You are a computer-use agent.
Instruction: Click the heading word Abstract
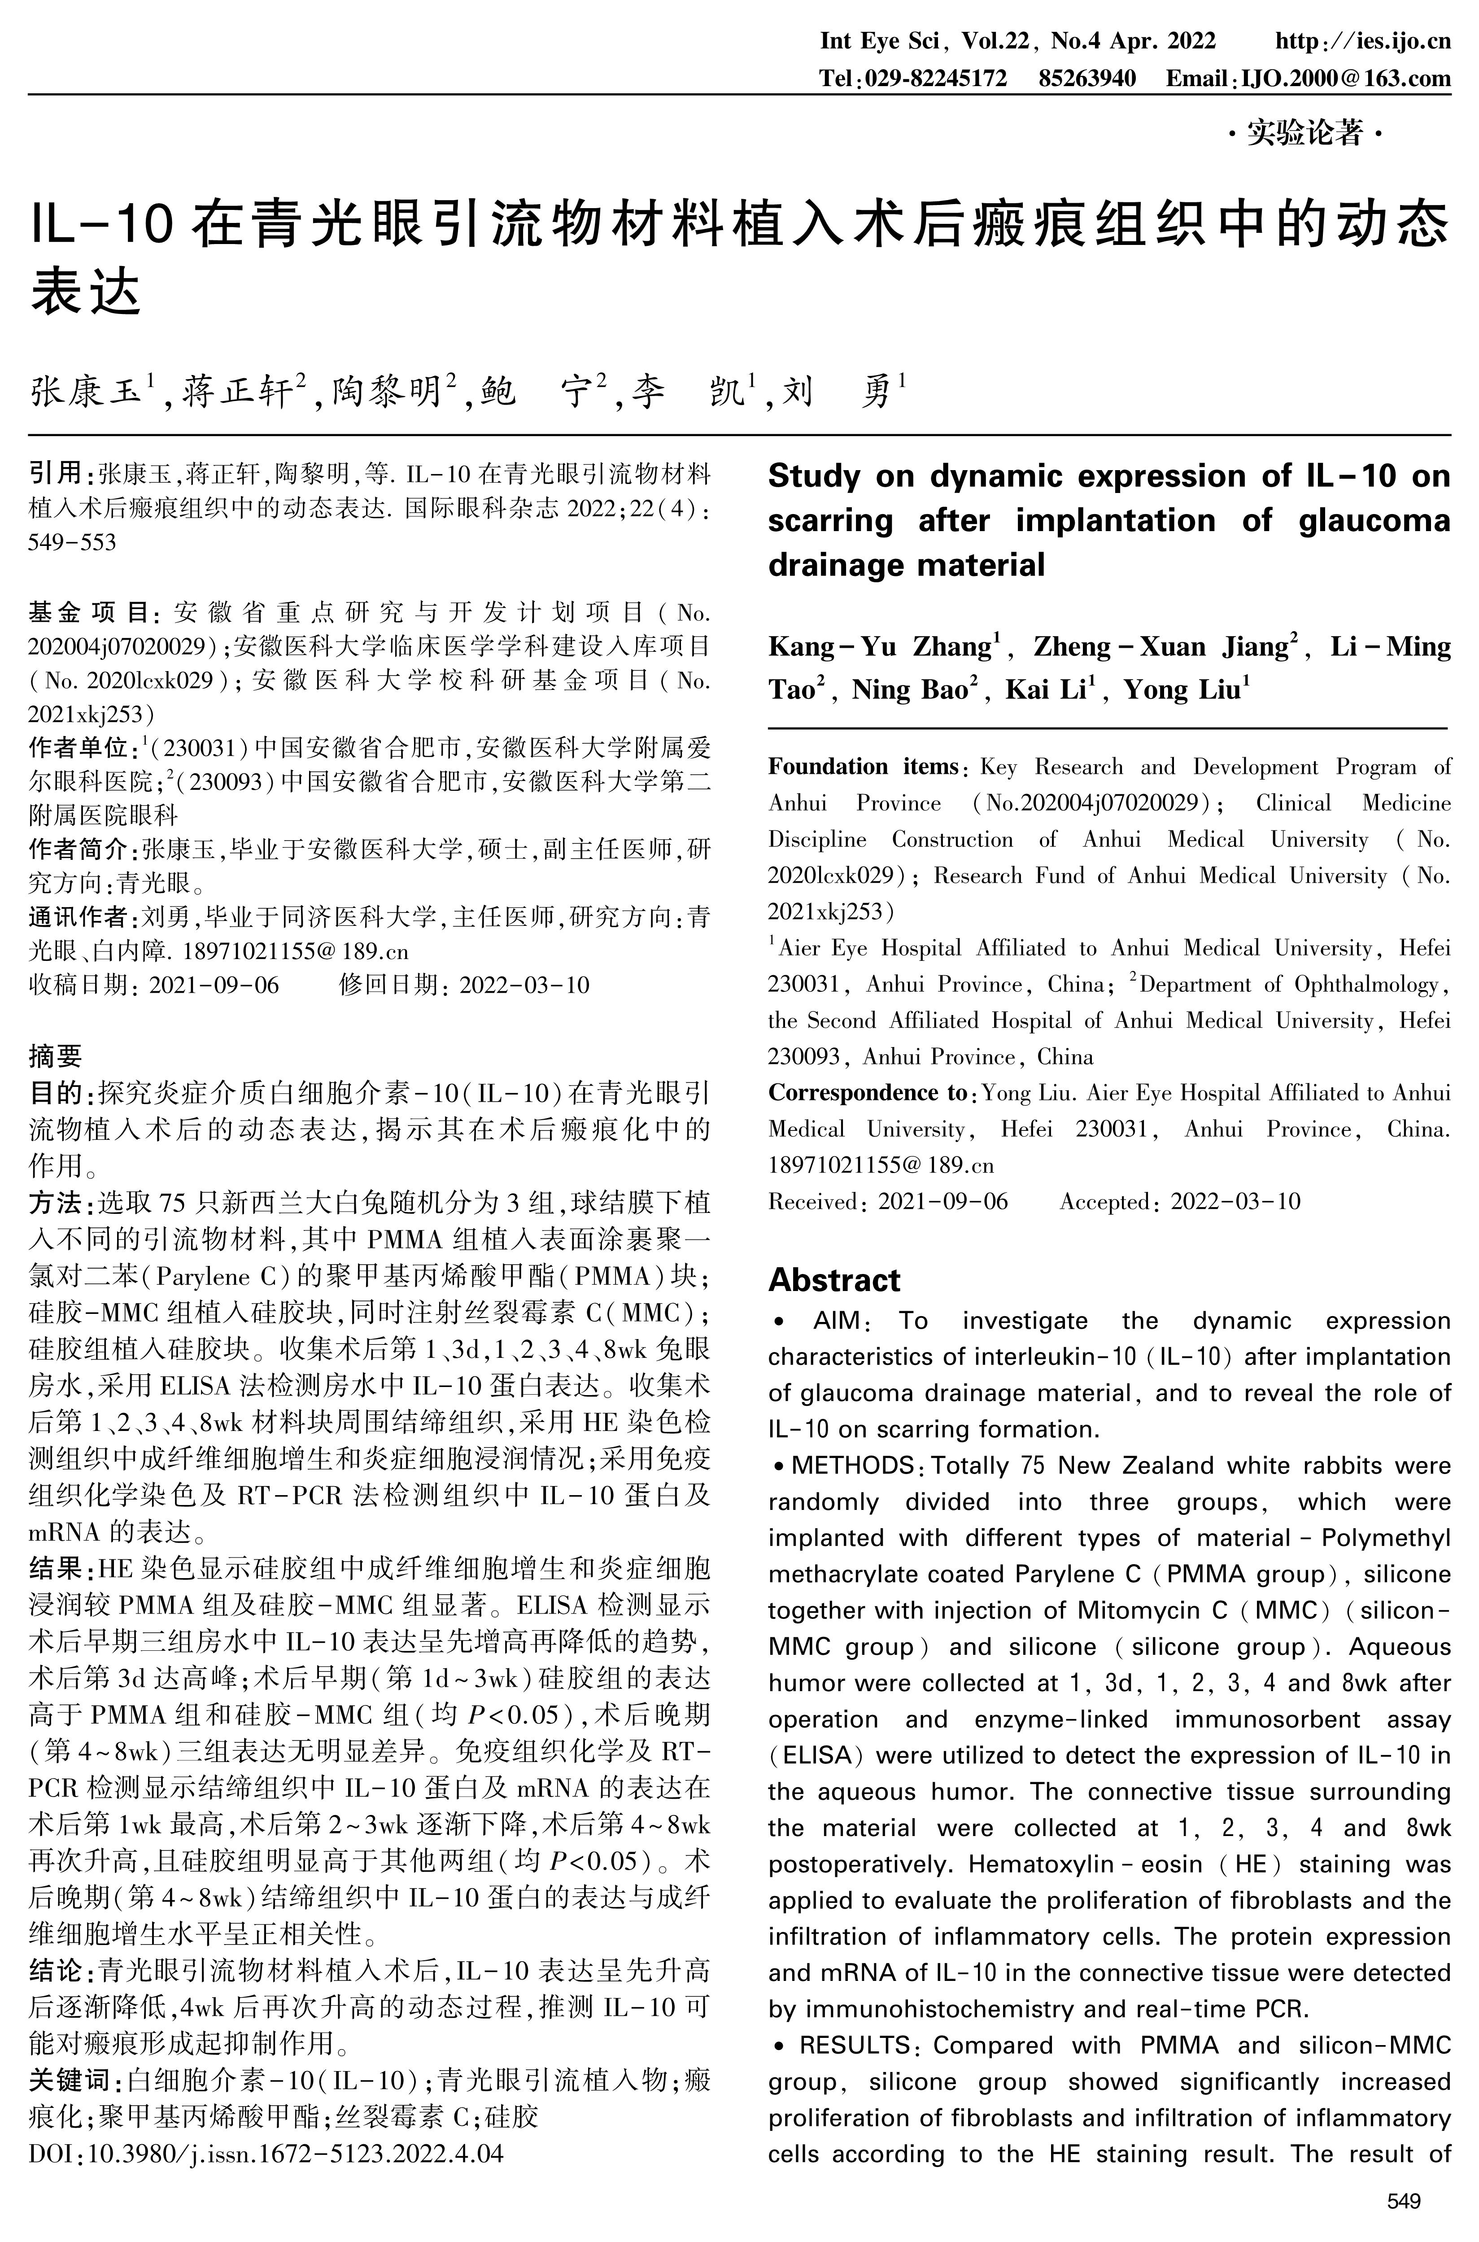pyautogui.click(x=834, y=1280)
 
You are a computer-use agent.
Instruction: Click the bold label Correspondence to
pyautogui.click(x=867, y=1092)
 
